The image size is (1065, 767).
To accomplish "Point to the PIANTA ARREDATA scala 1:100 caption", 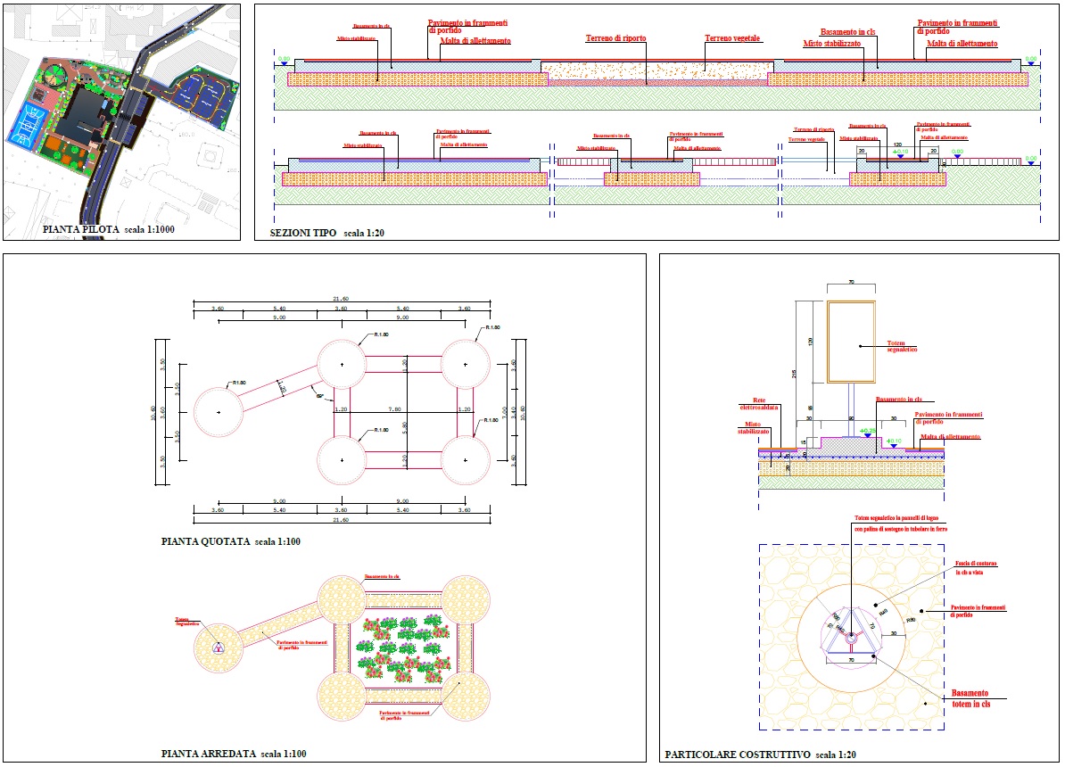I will pos(234,755).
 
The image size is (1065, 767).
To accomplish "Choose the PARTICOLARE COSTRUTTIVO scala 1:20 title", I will pos(760,755).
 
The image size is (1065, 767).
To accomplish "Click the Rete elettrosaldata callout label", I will pos(760,404).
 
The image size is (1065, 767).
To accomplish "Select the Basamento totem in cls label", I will pos(970,698).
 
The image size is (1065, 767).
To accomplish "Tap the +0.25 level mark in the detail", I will pos(865,431).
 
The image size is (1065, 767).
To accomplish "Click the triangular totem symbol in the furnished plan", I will pos(218,647).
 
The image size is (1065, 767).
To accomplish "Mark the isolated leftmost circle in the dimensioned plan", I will pos(219,412).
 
